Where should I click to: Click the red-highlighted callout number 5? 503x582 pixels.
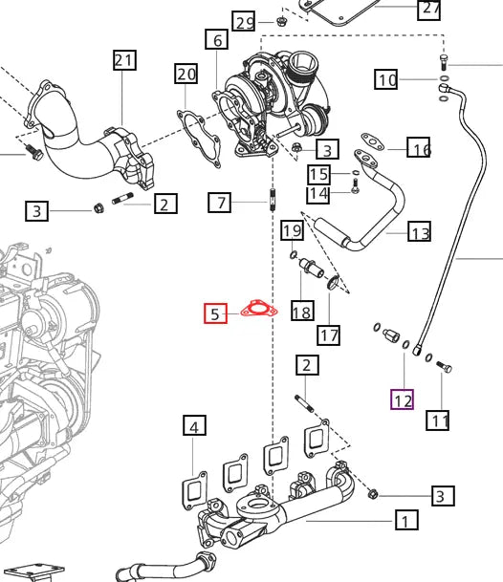(215, 313)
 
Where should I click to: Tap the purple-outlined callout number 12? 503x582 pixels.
(403, 399)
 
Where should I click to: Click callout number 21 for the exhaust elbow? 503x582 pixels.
(124, 60)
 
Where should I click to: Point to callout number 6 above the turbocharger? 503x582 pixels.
(216, 39)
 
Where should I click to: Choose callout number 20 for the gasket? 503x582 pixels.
(186, 74)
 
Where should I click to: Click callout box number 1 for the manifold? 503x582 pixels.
(406, 520)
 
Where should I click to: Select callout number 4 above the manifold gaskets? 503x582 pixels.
(194, 425)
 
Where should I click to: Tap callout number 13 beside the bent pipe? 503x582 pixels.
(420, 231)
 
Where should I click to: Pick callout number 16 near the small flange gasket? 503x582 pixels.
(419, 147)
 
